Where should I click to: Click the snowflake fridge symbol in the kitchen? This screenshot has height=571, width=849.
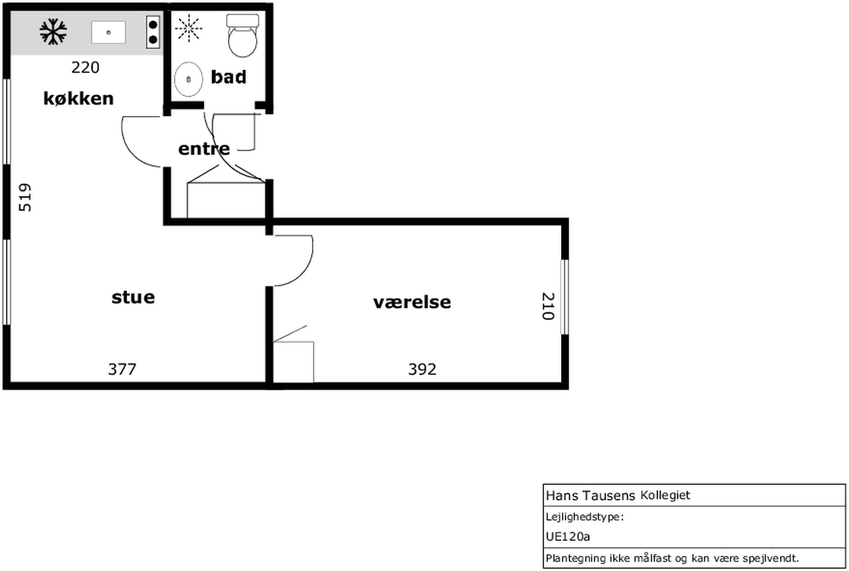click(x=53, y=32)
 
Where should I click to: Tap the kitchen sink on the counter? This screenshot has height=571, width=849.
click(x=108, y=32)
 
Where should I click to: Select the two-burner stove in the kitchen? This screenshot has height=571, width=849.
click(x=153, y=32)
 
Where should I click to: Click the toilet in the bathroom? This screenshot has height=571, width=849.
click(x=243, y=36)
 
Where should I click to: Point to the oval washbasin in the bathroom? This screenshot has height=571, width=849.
click(x=188, y=79)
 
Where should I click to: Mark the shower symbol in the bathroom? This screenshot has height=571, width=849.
click(x=189, y=28)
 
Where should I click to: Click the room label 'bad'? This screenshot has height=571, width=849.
click(x=229, y=77)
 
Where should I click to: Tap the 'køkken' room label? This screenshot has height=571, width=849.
click(x=78, y=98)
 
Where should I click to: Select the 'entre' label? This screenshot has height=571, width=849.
click(x=204, y=149)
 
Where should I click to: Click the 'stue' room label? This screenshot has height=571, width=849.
click(x=133, y=297)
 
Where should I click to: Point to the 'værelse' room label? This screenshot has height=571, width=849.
click(x=412, y=302)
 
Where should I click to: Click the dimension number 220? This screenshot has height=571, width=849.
click(x=85, y=68)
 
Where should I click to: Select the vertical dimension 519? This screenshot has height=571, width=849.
click(x=25, y=197)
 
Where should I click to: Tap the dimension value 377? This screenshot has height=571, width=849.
click(x=122, y=369)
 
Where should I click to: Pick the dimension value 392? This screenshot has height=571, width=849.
click(x=422, y=369)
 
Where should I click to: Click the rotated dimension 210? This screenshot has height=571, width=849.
click(x=548, y=306)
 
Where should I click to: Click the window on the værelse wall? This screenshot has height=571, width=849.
click(x=564, y=297)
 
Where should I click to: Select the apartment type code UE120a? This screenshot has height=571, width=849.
click(x=568, y=536)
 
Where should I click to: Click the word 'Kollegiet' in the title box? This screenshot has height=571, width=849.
click(x=665, y=495)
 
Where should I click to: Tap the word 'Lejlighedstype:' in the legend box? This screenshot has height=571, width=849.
click(x=585, y=517)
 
